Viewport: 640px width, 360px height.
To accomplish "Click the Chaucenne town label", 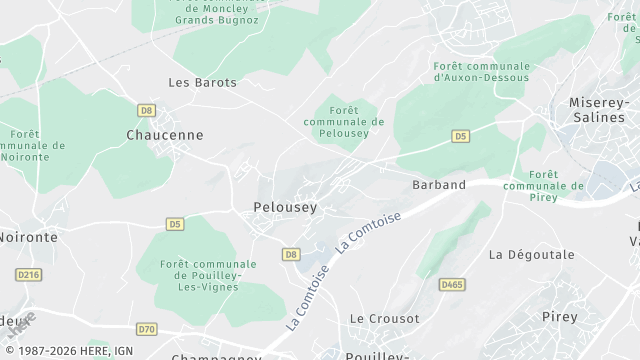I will coord(165,134).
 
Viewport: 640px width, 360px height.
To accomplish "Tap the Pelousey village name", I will coord(279,208).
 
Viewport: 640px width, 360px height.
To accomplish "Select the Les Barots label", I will coord(203,82).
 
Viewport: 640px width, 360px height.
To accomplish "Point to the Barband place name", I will coord(439,185).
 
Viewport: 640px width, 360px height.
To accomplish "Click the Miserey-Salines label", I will coord(603,110).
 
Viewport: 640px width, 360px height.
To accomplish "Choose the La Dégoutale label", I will coord(532,255).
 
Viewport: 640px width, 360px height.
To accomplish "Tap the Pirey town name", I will coord(559,316).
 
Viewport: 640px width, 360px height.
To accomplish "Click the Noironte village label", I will coord(28,237).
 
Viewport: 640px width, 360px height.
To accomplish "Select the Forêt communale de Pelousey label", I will coord(343,121).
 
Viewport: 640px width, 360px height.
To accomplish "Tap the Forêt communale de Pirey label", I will coord(543,180).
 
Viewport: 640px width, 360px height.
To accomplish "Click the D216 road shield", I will coord(27,273).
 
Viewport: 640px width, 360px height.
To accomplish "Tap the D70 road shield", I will coord(147,328).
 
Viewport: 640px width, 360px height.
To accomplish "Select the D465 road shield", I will coord(452,285).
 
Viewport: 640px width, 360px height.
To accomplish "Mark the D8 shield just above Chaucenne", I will coord(147,110).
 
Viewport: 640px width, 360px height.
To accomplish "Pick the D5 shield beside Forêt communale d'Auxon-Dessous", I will coord(460,135).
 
